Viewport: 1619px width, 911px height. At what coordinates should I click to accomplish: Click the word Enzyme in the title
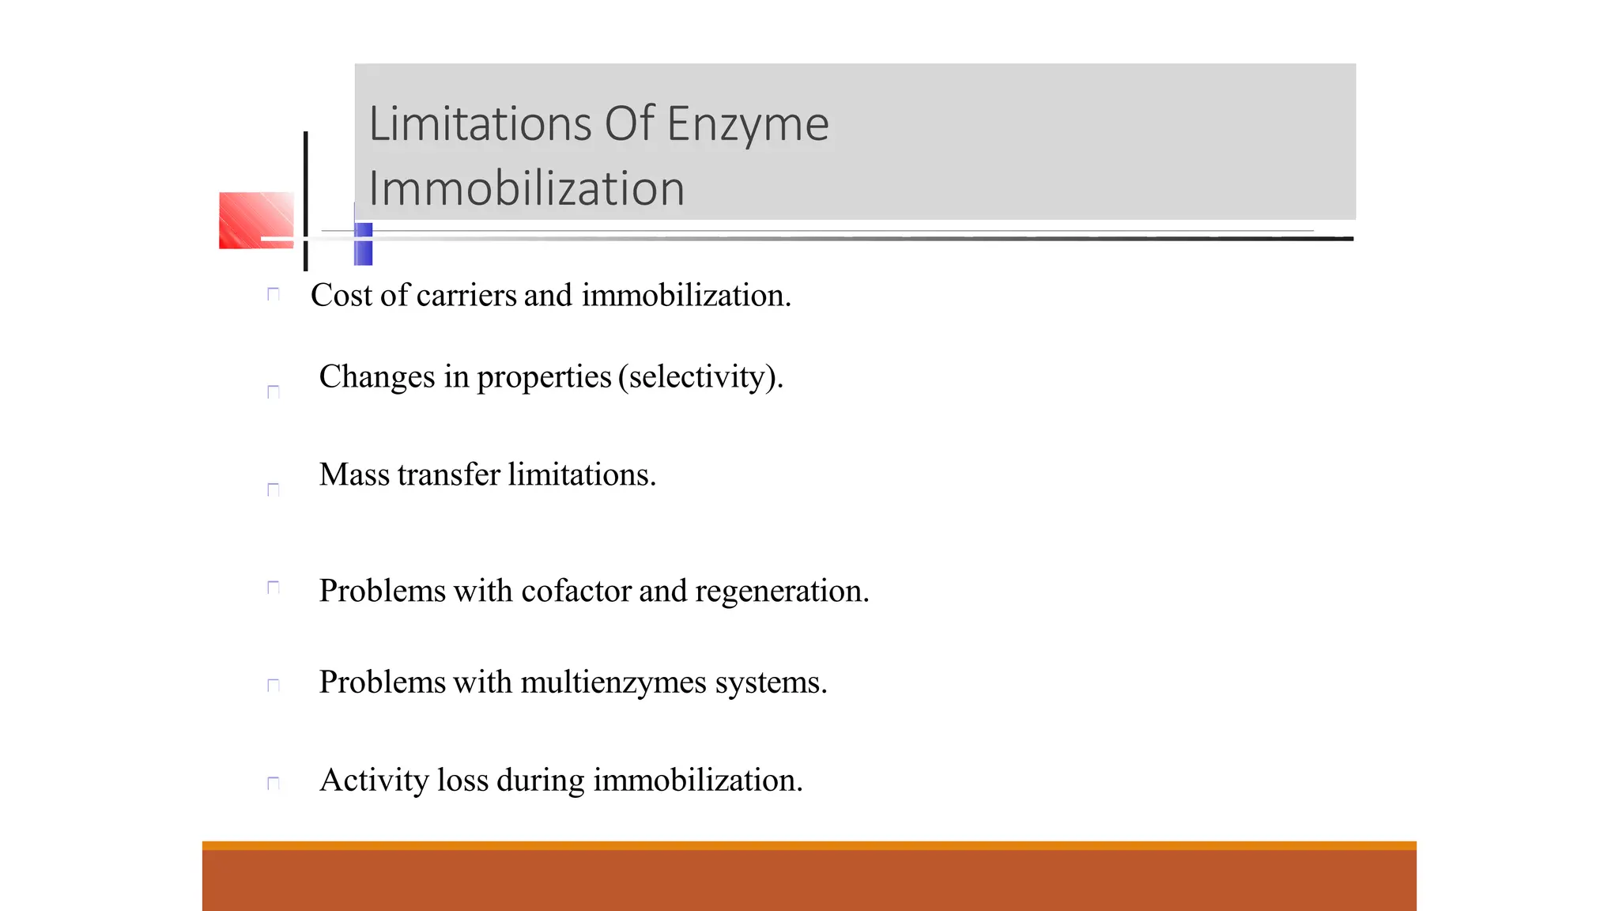click(747, 125)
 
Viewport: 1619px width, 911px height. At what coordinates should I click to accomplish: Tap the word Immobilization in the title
click(526, 189)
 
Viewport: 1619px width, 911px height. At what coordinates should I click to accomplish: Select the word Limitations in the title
click(480, 124)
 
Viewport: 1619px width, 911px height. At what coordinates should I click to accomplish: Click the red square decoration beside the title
click(256, 220)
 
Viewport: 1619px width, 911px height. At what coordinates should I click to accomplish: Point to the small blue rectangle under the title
click(364, 244)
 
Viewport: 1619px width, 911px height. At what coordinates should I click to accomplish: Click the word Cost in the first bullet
click(342, 296)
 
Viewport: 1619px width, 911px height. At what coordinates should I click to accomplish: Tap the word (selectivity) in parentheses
click(700, 377)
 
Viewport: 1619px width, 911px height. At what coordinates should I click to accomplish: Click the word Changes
click(377, 377)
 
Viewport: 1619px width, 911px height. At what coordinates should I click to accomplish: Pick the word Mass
click(354, 474)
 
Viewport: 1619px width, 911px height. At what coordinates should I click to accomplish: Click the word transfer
click(449, 474)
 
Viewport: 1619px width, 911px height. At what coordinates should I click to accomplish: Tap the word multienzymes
click(613, 682)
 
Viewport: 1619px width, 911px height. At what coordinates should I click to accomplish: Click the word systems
click(771, 682)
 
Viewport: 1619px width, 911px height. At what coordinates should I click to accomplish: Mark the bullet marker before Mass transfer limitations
click(274, 490)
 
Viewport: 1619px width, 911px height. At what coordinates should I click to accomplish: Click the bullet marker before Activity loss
click(274, 783)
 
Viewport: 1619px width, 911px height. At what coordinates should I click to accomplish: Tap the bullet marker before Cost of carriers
click(274, 294)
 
